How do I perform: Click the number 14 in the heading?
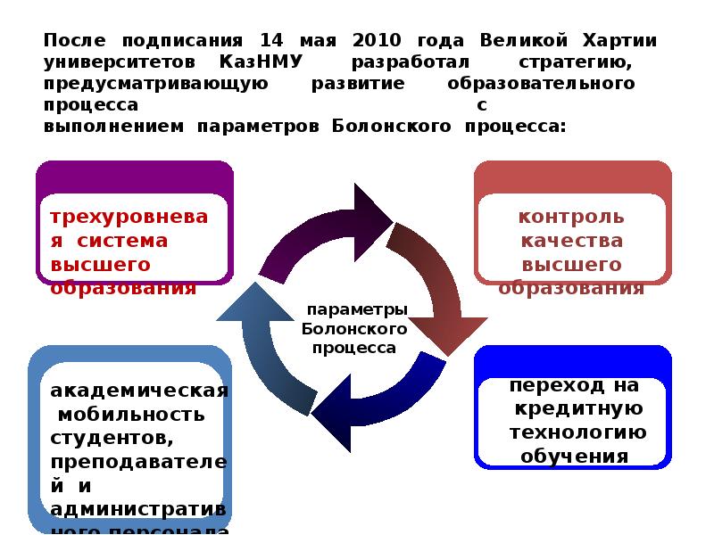tap(270, 41)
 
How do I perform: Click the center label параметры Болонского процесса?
tap(355, 328)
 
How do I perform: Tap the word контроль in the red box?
tap(571, 217)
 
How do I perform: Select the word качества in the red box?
tap(571, 241)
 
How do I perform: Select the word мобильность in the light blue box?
tap(130, 415)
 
